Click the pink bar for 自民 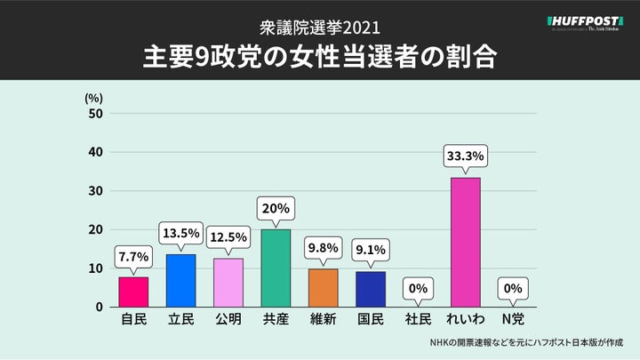[133, 292]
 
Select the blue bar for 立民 [180, 280]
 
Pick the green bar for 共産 [276, 268]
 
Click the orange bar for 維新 [324, 287]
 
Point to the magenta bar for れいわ [466, 242]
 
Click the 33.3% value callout [466, 156]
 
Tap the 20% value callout [276, 209]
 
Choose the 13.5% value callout [180, 234]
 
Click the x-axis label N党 [513, 318]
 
